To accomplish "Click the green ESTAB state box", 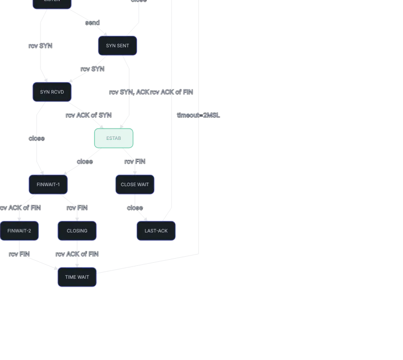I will tap(114, 138).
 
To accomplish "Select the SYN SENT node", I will tap(118, 46).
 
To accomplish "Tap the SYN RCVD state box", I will tap(52, 92).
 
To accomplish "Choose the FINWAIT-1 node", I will tap(48, 185).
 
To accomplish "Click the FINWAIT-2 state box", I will tap(20, 231).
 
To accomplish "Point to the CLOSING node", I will tap(77, 231).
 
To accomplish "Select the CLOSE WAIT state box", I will tap(135, 185).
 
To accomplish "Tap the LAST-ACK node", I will tap(156, 231).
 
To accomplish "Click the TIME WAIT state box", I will tap(77, 277).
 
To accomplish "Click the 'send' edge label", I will tap(93, 23).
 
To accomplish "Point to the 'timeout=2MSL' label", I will tap(198, 115).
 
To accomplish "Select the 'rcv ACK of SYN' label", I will tap(88, 115).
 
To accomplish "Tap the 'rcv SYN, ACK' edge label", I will tap(129, 92).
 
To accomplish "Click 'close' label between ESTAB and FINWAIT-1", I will tap(85, 161).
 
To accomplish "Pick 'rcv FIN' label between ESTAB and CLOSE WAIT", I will tap(135, 161).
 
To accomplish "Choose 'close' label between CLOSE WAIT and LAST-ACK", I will tap(135, 208).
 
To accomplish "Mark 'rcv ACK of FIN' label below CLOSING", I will tap(77, 254).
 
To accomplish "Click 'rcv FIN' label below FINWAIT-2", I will tap(20, 254).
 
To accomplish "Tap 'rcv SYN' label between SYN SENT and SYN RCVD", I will tap(93, 69).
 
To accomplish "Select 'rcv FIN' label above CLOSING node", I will tap(77, 208).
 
